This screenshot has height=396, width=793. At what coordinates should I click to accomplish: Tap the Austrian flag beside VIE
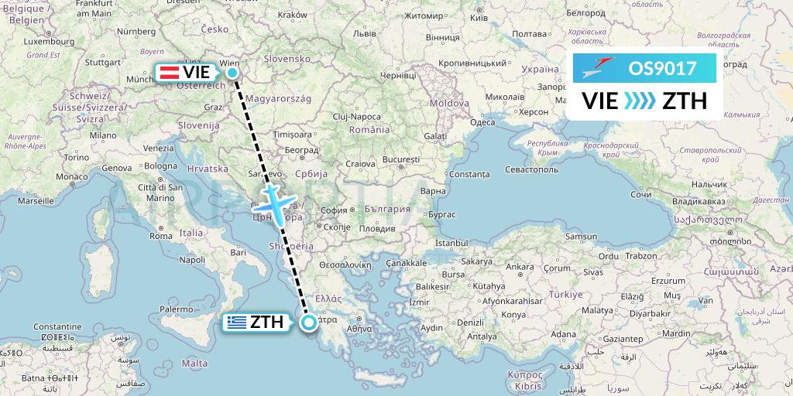[169, 72]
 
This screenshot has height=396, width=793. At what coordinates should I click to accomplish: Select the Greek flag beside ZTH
[237, 323]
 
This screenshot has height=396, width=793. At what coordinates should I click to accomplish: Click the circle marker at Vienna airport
[232, 73]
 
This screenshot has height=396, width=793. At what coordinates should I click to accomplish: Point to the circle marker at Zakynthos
[309, 323]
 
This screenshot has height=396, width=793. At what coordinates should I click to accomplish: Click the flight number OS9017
[662, 68]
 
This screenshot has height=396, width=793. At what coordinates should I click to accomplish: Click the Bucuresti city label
[400, 159]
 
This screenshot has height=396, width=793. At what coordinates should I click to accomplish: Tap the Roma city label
[161, 236]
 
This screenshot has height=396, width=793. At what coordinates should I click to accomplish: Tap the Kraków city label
[292, 14]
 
